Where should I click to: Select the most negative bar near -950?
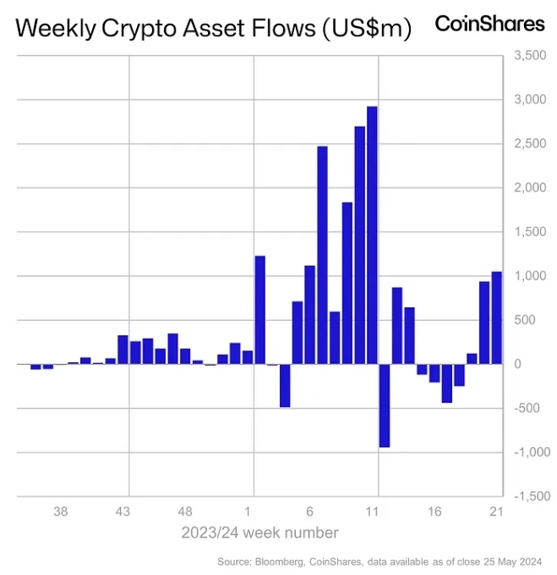coord(385,405)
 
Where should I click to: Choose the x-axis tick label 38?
coord(61,512)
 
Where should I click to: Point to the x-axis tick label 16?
coord(434,512)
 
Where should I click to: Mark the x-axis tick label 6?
coord(310,512)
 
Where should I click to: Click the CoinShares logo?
coord(489,24)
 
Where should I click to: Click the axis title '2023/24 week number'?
coord(260,533)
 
